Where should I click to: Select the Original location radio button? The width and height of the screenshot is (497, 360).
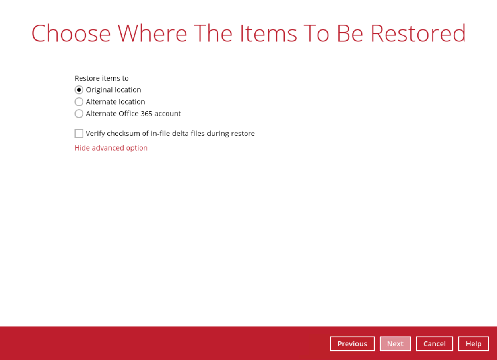[x=79, y=90]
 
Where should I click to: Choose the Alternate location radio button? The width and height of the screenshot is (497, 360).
[x=79, y=102]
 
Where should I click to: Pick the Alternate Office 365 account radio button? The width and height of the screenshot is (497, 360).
[x=79, y=114]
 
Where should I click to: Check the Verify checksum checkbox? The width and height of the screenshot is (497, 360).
[x=79, y=134]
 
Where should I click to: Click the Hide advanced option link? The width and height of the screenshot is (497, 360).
[x=111, y=148]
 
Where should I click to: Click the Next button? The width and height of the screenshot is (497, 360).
[x=395, y=344]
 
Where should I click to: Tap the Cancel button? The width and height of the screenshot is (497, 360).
[x=435, y=344]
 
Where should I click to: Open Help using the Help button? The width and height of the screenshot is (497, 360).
[x=474, y=344]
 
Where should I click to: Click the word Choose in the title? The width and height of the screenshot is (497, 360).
[x=71, y=33]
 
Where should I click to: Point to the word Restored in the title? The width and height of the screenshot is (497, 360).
[x=418, y=33]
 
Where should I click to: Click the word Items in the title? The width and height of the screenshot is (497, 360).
[x=268, y=33]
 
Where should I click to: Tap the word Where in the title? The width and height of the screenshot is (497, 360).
[x=152, y=33]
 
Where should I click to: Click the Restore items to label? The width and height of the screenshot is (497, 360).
[x=102, y=78]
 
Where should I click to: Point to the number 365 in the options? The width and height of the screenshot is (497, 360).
[x=146, y=114]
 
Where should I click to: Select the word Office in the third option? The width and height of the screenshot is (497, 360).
[x=129, y=114]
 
